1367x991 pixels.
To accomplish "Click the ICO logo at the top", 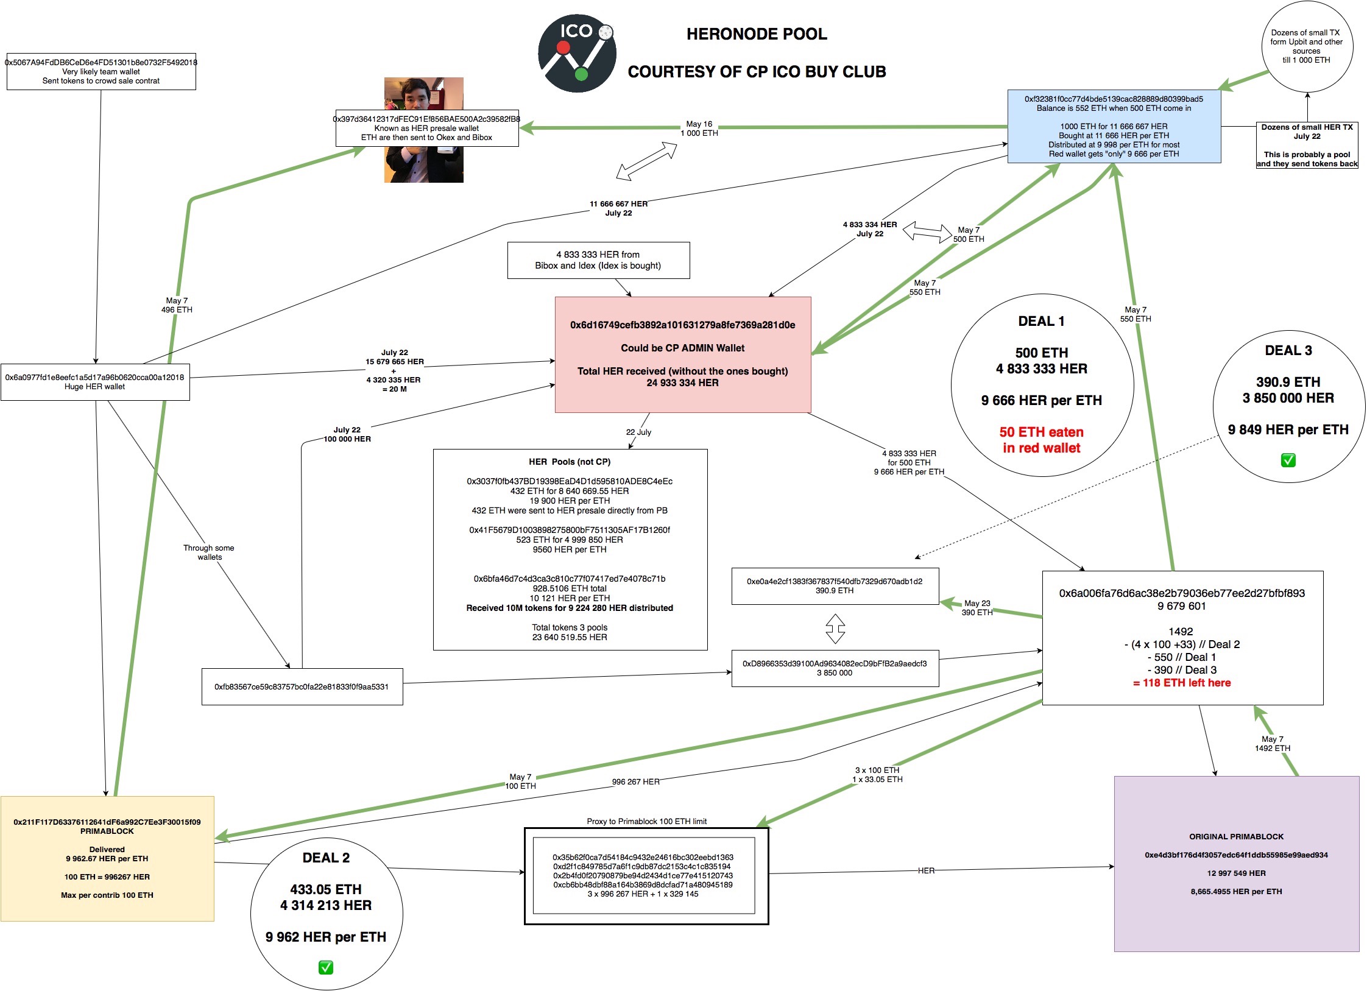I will (x=576, y=54).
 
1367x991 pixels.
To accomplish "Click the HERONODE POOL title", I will (x=757, y=34).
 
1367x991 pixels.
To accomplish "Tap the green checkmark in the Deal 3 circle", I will (x=1288, y=460).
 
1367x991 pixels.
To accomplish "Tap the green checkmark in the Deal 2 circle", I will (x=326, y=967).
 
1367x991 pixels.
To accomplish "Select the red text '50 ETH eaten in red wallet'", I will (x=1041, y=440).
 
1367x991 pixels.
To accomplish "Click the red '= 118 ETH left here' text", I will (x=1182, y=683).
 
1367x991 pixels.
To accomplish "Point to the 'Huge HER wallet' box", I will (x=95, y=382).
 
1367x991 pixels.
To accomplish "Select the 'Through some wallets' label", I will (x=209, y=552).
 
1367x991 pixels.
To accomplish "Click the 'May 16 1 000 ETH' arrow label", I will (x=699, y=129).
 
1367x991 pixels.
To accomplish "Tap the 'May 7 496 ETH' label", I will (x=177, y=305).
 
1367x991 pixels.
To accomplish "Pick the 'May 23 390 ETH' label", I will (x=977, y=608).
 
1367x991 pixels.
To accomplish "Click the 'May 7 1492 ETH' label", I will (x=1273, y=744).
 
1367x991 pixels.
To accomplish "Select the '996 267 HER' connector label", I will (x=635, y=781).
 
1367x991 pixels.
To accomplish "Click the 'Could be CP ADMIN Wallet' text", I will (x=682, y=348).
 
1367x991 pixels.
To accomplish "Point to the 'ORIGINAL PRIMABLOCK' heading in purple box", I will (x=1236, y=836).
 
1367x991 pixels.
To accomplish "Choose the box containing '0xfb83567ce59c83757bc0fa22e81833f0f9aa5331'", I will (x=302, y=686).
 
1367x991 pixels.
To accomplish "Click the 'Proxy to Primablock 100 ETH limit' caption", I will (x=646, y=821).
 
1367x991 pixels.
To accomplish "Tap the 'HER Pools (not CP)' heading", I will (x=570, y=462).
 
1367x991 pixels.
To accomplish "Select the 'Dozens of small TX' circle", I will (x=1307, y=46).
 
